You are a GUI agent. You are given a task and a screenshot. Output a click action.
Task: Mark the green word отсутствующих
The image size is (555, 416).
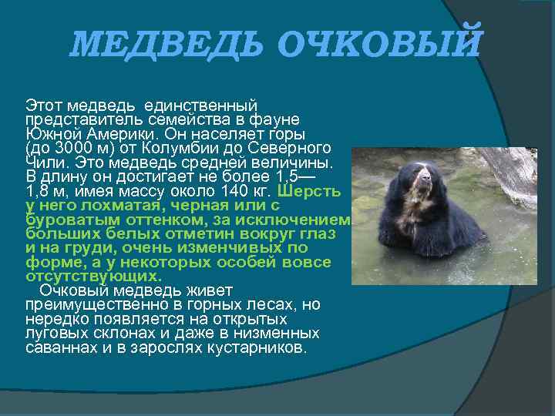click(x=93, y=276)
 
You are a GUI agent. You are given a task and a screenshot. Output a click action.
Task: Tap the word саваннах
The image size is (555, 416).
click(x=59, y=347)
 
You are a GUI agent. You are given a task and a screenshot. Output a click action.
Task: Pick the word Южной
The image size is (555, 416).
click(x=48, y=133)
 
